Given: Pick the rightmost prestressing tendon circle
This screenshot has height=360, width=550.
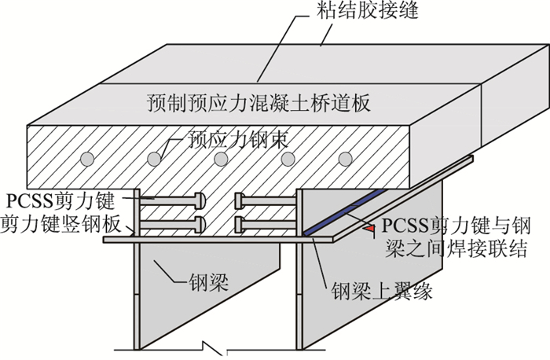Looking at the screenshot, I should click(344, 158).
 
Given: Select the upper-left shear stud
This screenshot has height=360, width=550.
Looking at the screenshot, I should click(173, 200).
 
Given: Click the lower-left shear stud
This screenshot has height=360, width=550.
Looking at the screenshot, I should click(173, 225).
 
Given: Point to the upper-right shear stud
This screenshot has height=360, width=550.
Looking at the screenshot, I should click(263, 200).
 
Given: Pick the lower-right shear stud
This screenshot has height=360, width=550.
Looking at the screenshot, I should click(263, 225).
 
